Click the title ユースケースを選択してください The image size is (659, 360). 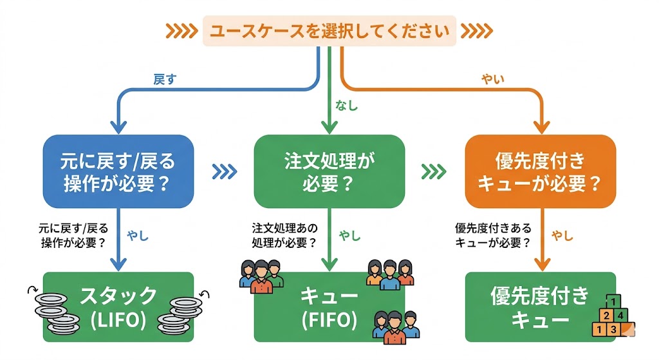[x=329, y=30]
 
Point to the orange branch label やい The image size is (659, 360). [x=493, y=80]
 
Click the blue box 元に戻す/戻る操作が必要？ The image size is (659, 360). [x=118, y=171]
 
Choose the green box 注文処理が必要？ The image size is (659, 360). [x=329, y=171]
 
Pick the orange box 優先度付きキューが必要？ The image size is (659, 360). [x=540, y=171]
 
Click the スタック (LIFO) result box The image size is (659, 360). [x=118, y=307]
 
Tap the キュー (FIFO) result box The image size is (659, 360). [x=329, y=307]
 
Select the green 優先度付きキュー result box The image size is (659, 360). [x=540, y=307]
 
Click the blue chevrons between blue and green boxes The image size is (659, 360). [x=224, y=171]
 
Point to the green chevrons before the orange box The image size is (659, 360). [x=434, y=171]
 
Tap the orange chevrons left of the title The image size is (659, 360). [x=181, y=30]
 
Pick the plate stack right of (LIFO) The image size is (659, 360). [x=182, y=312]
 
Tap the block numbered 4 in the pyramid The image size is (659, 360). [x=619, y=316]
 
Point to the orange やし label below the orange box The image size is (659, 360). [x=562, y=236]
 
